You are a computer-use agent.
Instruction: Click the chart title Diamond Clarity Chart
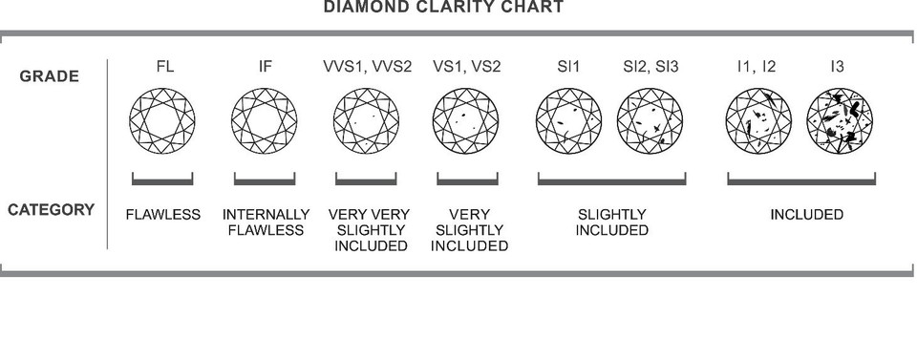click(x=443, y=8)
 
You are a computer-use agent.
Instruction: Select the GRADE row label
click(x=49, y=76)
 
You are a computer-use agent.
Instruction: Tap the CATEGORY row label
click(x=51, y=210)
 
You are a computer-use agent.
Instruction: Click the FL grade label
click(x=164, y=67)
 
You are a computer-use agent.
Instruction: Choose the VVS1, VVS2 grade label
click(x=367, y=67)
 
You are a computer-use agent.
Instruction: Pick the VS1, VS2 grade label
click(x=467, y=67)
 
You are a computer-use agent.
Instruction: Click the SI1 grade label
click(x=568, y=67)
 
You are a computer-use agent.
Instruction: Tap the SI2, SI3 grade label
click(x=650, y=67)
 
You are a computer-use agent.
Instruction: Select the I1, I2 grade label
click(x=757, y=67)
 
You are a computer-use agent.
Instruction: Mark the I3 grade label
click(x=837, y=67)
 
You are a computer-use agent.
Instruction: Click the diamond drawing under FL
click(x=162, y=120)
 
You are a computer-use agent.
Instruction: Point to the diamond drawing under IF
click(x=264, y=120)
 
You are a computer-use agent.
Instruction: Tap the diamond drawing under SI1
click(x=568, y=120)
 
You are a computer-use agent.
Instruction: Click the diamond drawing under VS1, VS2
click(x=466, y=120)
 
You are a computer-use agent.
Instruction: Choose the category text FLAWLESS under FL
click(x=163, y=215)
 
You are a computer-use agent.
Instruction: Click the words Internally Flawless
click(x=266, y=222)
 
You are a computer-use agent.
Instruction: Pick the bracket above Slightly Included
click(x=611, y=180)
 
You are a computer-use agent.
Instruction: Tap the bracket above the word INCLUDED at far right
click(x=801, y=180)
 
